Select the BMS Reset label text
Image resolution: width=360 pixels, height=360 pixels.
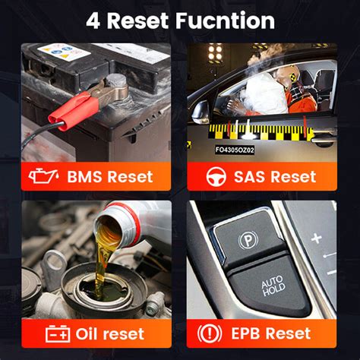tap(109, 177)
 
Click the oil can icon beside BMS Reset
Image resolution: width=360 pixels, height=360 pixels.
tap(46, 177)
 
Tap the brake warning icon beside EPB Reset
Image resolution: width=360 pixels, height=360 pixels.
tap(210, 333)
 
